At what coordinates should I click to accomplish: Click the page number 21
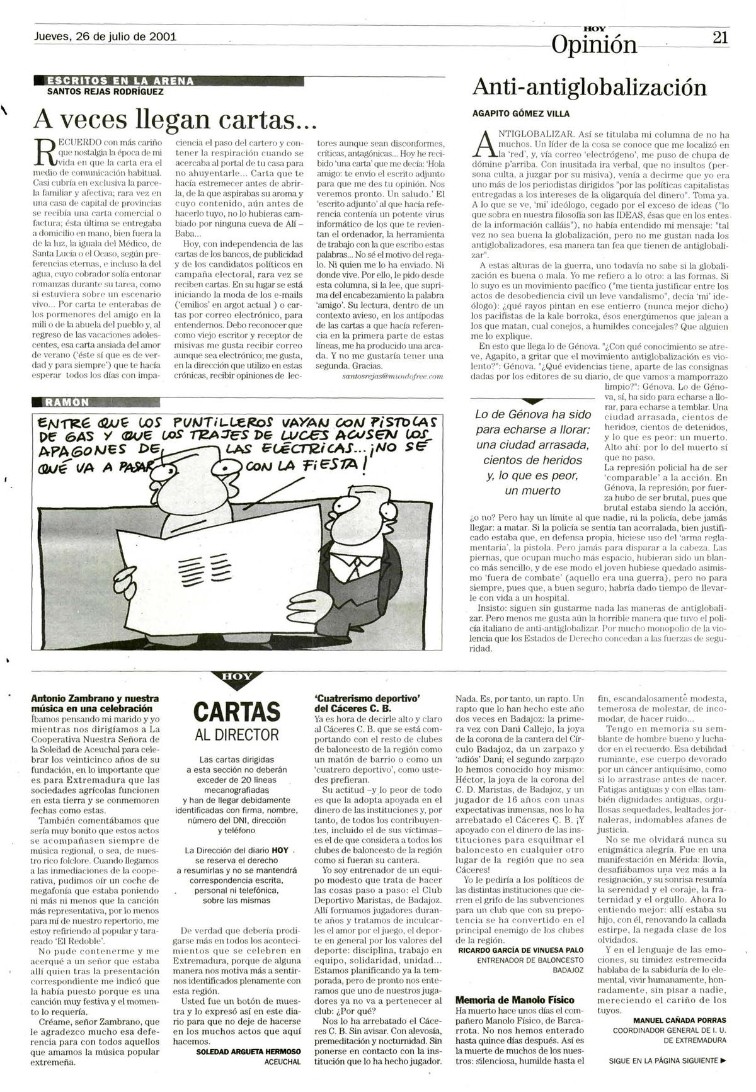tap(720, 37)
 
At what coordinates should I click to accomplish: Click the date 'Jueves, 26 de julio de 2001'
tap(105, 37)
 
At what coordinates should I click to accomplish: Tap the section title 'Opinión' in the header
tap(593, 44)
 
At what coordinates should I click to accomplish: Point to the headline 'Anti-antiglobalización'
tap(589, 87)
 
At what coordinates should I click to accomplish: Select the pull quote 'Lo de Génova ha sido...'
tap(532, 452)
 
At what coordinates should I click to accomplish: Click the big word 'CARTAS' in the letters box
tap(236, 712)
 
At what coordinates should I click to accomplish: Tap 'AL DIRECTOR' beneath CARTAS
tap(236, 734)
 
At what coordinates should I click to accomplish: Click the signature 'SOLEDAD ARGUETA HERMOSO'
tap(248, 1052)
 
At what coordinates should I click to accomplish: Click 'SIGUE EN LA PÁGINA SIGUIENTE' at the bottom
tap(667, 1061)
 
